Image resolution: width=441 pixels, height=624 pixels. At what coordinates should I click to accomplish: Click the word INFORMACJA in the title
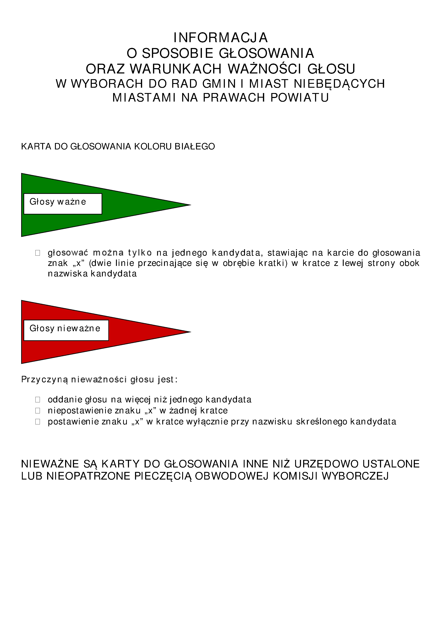click(220, 38)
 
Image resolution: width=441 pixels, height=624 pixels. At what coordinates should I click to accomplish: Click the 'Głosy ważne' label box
click(63, 204)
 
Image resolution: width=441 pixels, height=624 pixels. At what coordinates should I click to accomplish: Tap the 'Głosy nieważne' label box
click(66, 330)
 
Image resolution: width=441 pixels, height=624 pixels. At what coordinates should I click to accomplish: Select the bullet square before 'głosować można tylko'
click(38, 253)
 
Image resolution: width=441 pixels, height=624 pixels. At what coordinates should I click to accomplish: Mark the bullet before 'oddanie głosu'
click(38, 400)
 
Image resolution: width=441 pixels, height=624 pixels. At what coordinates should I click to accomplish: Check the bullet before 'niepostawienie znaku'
click(38, 410)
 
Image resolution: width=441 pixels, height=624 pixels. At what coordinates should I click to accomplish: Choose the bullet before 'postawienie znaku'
click(38, 422)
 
